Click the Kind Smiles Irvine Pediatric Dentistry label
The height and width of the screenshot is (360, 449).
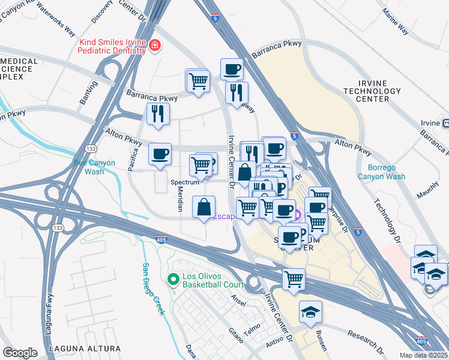112,46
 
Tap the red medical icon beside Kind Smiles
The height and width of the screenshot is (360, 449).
155,46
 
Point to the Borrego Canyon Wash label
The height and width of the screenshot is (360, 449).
381,172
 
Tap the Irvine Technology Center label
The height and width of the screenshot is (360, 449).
379,91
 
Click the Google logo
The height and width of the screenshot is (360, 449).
20,352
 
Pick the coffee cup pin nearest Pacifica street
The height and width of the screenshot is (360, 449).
160,154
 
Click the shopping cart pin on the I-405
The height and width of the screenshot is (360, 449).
294,279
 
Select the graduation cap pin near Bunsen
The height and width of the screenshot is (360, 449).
310,311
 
